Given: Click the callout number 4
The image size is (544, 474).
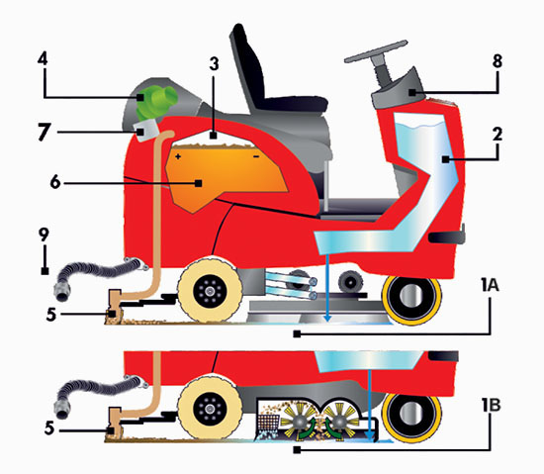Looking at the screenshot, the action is tap(42, 59).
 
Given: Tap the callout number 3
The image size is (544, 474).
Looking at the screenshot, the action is tap(215, 64).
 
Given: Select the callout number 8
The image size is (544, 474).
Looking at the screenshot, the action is tap(498, 61).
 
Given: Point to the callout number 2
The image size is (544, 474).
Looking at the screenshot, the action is tap(498, 135).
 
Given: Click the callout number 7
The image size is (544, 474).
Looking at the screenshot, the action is tap(45, 133).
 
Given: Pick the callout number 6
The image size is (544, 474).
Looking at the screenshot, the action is tap(55, 182).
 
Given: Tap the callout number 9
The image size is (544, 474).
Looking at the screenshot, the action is tap(44, 235).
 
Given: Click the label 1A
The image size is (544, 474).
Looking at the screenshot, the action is tap(490, 285).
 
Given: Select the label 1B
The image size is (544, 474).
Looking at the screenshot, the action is tap(491, 405).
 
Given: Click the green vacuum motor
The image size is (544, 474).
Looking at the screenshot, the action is tap(154, 102).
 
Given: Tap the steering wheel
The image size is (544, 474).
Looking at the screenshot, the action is tap(376, 52).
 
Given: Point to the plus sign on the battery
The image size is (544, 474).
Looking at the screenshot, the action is tap(178, 156).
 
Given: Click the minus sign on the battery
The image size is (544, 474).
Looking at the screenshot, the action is tap(256, 157).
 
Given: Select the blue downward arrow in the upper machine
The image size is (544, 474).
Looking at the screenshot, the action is tap(327, 287).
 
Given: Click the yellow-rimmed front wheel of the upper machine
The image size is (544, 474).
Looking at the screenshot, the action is tap(411, 299).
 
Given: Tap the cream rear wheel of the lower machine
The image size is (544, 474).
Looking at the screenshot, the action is tap(210, 409).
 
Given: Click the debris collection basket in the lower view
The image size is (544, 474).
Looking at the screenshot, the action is tap(268, 424).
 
